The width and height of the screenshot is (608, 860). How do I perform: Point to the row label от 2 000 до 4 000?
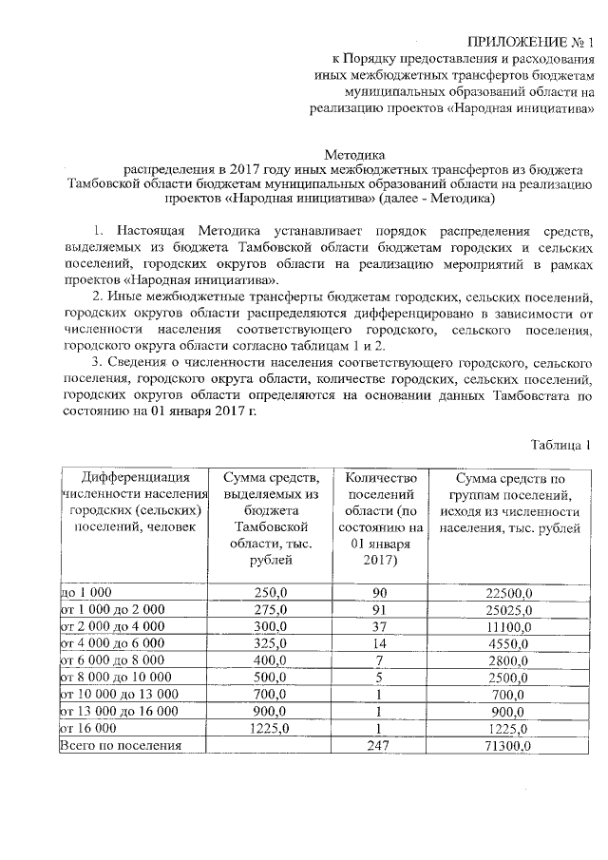click(111, 626)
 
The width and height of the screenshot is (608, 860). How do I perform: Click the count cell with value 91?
click(377, 609)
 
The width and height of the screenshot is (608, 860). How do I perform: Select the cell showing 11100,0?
click(510, 627)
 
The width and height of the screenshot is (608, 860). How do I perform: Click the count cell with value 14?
click(377, 643)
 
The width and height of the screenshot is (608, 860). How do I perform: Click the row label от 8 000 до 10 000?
click(115, 678)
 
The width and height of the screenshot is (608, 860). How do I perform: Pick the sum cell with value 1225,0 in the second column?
click(269, 729)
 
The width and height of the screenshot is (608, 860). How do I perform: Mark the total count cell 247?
click(377, 746)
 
